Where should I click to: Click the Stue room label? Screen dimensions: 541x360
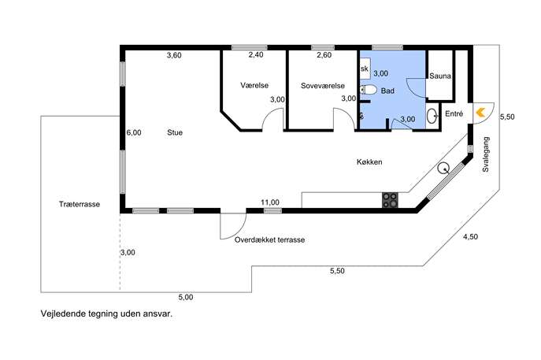click(175, 132)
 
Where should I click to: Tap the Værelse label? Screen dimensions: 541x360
click(254, 85)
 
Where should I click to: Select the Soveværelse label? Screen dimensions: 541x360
click(323, 86)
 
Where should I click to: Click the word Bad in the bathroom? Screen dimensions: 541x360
click(387, 91)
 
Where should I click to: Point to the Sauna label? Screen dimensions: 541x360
click(440, 76)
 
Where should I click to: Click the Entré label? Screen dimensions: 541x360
click(454, 113)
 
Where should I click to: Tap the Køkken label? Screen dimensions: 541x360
click(369, 161)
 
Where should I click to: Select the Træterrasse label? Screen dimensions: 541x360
click(80, 204)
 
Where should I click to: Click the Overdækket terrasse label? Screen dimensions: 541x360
click(269, 239)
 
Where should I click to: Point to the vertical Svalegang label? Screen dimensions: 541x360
click(486, 154)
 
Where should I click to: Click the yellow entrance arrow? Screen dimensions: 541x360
click(480, 112)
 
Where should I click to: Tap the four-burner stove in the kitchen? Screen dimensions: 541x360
click(390, 200)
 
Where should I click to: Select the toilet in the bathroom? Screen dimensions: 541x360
click(368, 90)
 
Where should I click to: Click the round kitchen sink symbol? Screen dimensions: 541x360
click(443, 168)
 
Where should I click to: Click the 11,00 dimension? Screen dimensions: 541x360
click(270, 202)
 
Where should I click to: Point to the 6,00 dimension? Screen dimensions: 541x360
click(134, 132)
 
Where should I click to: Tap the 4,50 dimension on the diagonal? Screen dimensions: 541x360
click(470, 237)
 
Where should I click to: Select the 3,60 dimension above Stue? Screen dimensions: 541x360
click(174, 55)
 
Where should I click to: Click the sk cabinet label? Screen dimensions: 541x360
click(365, 69)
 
